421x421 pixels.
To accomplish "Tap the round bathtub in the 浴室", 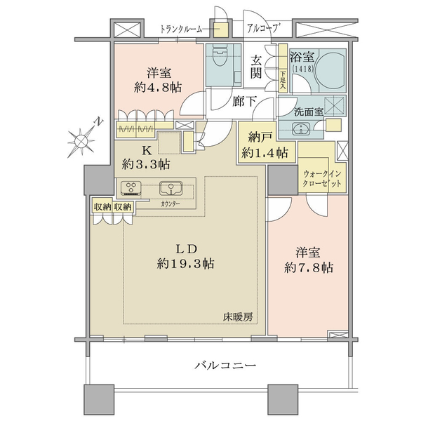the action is click(330, 71).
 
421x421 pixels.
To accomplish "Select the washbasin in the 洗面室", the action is click(301, 129).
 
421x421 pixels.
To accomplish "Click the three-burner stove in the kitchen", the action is click(131, 187).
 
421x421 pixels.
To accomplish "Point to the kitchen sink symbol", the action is click(171, 188).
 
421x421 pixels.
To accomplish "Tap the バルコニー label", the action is click(225, 365).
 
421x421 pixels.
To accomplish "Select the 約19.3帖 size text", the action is click(185, 264).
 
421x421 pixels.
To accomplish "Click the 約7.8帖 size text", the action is click(309, 267).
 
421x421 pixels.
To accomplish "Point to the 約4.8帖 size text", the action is click(158, 87).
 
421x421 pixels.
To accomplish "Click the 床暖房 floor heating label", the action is click(238, 318).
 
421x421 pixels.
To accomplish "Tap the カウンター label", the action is click(171, 204).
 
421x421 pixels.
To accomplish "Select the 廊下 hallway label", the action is click(244, 102).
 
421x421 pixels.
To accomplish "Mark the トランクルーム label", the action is click(181, 29).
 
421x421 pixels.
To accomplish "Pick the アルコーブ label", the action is click(262, 28).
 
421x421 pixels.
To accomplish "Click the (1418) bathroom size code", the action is click(302, 69).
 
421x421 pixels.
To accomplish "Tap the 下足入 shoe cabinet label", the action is click(283, 81).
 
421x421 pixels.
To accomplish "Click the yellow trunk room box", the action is click(220, 29).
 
